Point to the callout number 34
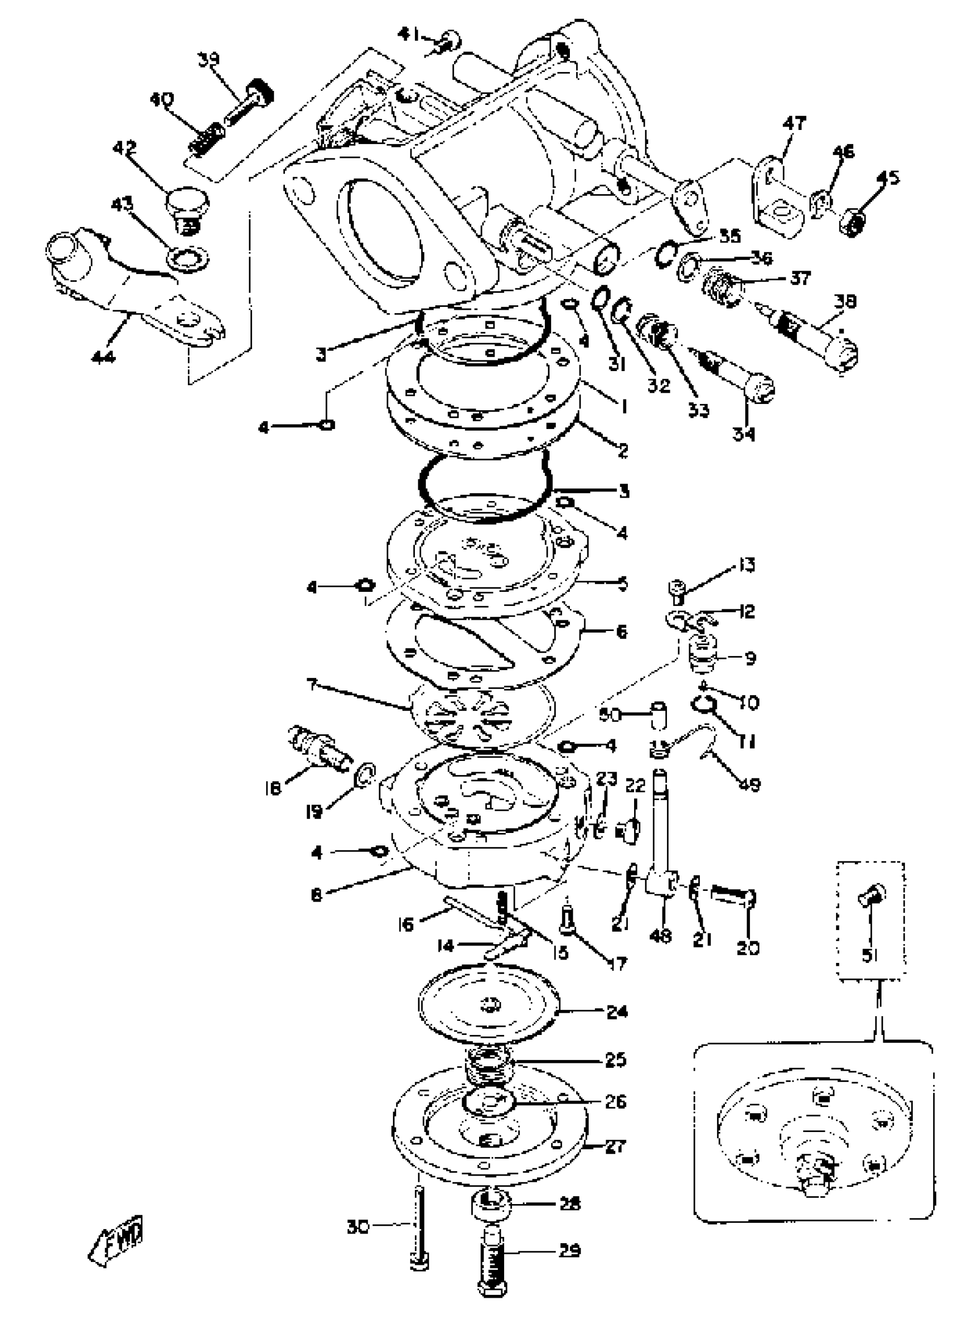pos(744,434)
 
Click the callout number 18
pos(272,787)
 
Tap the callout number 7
pos(312,684)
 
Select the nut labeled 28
pos(490,1202)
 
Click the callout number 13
pos(745,565)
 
